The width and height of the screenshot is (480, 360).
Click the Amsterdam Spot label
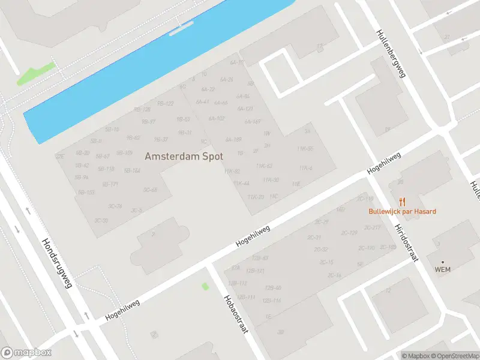[184, 156]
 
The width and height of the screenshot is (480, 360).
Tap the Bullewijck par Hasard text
[402, 211]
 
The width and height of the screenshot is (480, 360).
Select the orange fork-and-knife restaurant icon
[402, 202]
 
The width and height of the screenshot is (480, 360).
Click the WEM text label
[442, 269]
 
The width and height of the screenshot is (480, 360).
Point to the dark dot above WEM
[443, 262]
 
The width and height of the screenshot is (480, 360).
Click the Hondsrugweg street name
[57, 263]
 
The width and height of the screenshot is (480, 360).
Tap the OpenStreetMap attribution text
[453, 356]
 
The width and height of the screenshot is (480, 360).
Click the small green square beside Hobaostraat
[205, 286]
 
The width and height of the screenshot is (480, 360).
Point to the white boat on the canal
[182, 28]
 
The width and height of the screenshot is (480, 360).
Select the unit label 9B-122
[165, 103]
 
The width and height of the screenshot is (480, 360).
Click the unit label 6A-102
[216, 118]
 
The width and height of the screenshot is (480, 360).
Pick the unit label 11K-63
[264, 166]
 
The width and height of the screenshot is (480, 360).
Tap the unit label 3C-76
[115, 206]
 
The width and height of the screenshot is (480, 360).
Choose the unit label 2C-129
[349, 233]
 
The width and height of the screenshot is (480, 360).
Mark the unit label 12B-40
[273, 288]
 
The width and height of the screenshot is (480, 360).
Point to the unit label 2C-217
[373, 227]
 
